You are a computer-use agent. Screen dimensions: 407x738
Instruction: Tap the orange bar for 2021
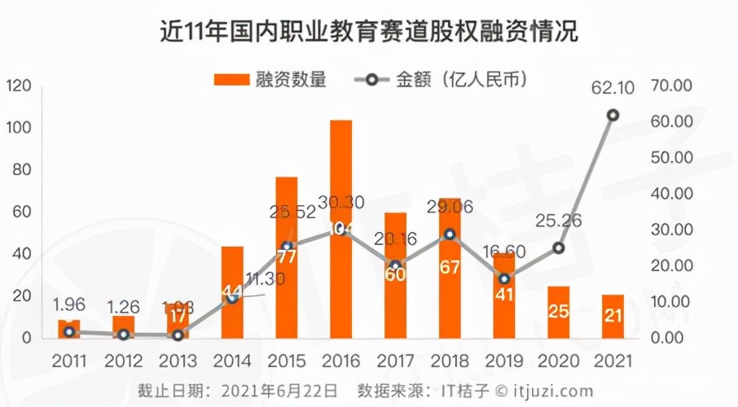click(x=613, y=316)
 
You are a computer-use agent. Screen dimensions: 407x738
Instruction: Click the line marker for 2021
click(x=613, y=115)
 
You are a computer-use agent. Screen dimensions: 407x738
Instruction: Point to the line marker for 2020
click(x=558, y=248)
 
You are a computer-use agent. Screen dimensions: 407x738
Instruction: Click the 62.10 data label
click(x=613, y=85)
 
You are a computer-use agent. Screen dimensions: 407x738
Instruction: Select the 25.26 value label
click(x=558, y=219)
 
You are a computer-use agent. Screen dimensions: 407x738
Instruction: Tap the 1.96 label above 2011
click(x=68, y=305)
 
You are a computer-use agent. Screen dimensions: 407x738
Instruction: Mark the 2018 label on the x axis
click(x=449, y=359)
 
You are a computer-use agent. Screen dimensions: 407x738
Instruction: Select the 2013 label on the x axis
click(x=178, y=359)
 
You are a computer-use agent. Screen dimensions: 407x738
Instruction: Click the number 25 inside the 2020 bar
click(x=558, y=312)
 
